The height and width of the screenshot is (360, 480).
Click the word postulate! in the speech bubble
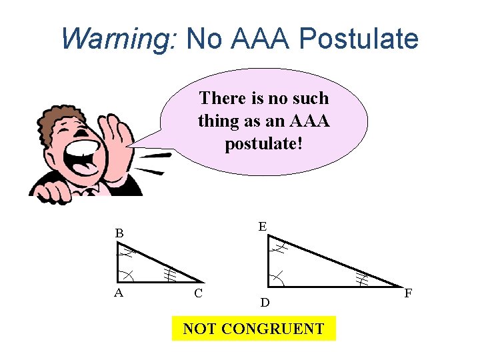[264, 143]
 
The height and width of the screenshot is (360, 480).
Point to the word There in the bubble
[222, 99]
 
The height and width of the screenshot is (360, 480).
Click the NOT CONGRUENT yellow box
[253, 329]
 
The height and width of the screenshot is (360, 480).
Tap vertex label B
[119, 233]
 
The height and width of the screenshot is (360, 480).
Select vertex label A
[118, 291]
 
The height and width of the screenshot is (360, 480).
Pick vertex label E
[263, 227]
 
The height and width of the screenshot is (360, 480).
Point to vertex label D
[265, 303]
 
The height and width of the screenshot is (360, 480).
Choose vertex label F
[408, 293]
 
